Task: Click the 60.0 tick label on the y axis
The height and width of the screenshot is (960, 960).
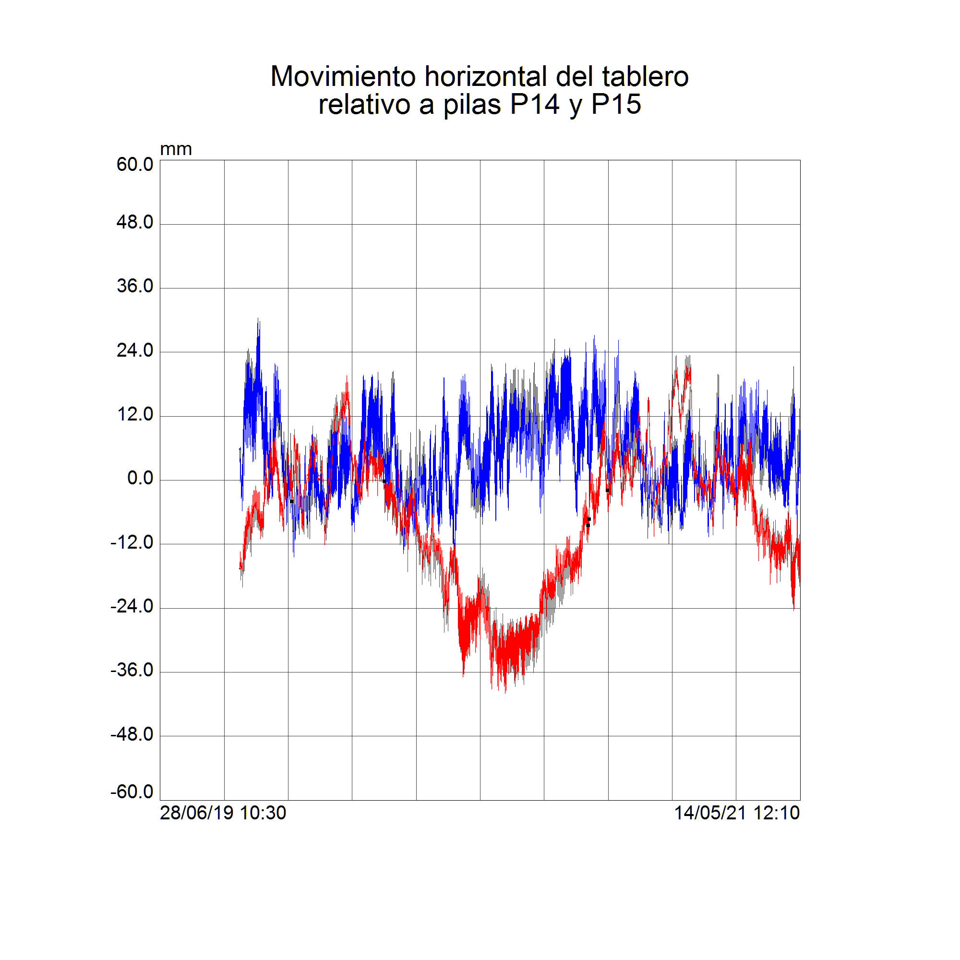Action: tap(135, 165)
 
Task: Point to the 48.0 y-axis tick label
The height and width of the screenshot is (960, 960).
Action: tap(135, 222)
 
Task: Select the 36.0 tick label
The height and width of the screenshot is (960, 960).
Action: tap(135, 286)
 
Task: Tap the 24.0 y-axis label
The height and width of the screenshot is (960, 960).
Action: tap(135, 350)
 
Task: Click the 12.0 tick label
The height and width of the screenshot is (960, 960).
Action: tap(135, 414)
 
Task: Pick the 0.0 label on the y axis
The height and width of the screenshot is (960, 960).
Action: tap(140, 478)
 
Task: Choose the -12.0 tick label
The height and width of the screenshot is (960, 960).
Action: tap(132, 542)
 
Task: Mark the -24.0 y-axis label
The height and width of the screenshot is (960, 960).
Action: tap(132, 606)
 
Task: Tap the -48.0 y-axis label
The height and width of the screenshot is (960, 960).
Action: tap(132, 734)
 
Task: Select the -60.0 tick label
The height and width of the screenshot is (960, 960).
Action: tap(132, 792)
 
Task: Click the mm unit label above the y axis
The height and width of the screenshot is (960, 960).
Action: tap(176, 149)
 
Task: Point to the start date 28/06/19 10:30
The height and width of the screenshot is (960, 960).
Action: tap(223, 814)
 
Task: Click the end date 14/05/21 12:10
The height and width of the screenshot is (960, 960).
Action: tap(736, 814)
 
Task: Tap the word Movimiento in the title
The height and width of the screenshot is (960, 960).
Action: tap(343, 76)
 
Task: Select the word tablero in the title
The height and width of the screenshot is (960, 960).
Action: tap(645, 76)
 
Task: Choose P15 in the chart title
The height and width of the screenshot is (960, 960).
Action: tap(616, 104)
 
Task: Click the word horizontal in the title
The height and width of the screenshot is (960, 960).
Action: tap(485, 76)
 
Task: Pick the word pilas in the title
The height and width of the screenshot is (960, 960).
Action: tap(471, 105)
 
